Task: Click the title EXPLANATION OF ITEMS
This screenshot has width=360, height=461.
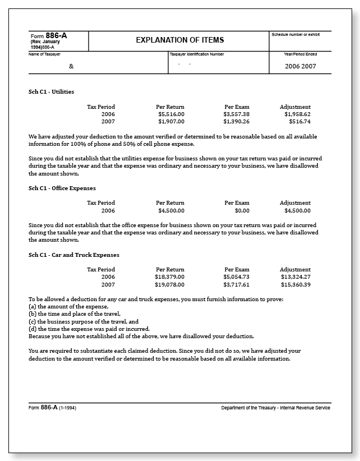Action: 179,40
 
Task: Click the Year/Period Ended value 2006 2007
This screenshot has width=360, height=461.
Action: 301,66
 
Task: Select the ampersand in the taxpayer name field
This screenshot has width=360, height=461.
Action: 71,66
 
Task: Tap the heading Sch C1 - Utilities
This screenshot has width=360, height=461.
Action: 51,91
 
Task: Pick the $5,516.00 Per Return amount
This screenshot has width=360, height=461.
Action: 171,114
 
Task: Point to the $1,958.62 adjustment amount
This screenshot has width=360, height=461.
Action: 297,114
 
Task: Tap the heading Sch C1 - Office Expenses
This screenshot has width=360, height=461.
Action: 62,188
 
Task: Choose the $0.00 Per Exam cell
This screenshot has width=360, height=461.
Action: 242,210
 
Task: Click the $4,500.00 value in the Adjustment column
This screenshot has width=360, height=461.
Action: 297,210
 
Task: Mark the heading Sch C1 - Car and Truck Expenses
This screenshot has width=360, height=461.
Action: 73,255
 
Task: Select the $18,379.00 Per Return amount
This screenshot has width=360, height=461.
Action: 169,277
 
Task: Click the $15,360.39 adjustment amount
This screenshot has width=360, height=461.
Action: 296,284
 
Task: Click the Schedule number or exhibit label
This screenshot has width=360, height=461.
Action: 296,35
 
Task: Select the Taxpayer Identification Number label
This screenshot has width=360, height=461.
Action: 196,54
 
